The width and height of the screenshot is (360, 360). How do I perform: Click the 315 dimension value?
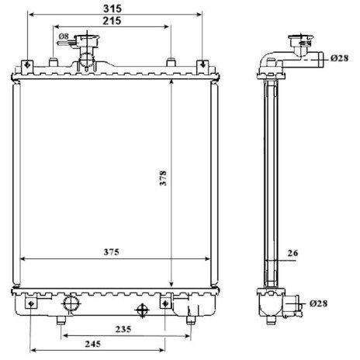112,9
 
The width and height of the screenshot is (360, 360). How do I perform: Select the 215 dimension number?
112,21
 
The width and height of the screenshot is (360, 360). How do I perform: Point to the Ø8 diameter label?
64,36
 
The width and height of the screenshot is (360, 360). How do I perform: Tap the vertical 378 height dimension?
163,178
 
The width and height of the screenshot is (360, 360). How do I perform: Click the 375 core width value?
112,252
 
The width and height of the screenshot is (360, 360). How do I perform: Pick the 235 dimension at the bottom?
123,329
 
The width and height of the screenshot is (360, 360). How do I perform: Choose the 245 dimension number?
93,344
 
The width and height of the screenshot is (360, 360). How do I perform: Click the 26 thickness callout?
292,253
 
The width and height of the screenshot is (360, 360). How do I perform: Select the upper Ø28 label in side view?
339,58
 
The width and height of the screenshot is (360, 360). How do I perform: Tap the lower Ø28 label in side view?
318,303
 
